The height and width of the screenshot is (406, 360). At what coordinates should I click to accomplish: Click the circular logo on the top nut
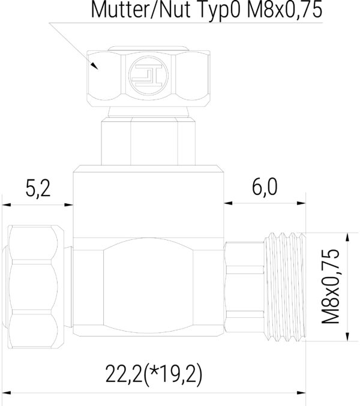pyautogui.click(x=147, y=77)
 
